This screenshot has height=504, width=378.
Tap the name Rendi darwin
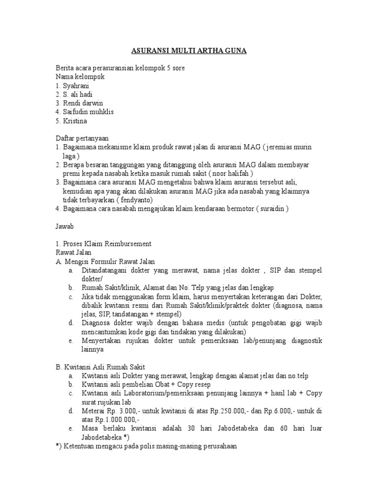(x=79, y=103)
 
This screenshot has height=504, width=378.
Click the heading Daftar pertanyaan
(x=82, y=138)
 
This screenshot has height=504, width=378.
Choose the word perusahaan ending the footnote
(x=217, y=446)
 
